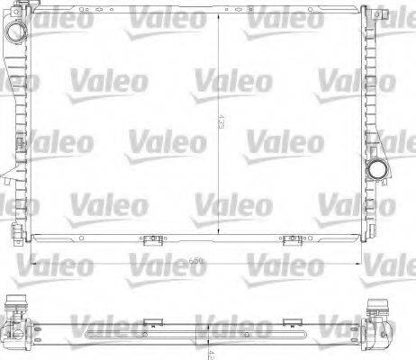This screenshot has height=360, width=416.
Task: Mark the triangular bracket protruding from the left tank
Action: pos(8,170)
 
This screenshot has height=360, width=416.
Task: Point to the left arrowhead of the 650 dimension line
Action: pos(34,261)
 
